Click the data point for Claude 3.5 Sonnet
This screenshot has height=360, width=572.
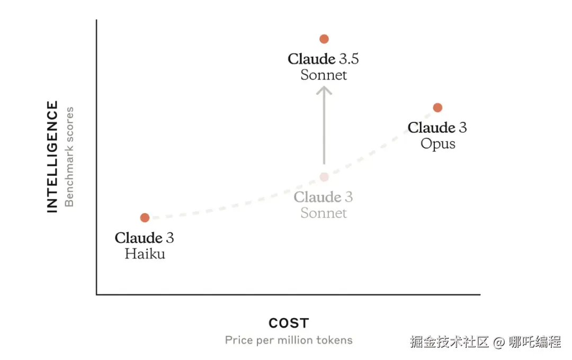click(324, 39)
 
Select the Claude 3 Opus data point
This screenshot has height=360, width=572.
click(437, 107)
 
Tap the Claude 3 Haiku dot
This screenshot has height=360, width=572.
click(145, 218)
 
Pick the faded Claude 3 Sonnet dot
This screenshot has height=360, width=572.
click(324, 177)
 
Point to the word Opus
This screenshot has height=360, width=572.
click(438, 143)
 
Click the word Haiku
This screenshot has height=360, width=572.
click(145, 254)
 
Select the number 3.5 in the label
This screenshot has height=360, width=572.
click(349, 59)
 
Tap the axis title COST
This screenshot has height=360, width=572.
click(289, 323)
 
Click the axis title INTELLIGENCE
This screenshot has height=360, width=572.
click(52, 157)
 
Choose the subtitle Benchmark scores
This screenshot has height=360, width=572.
click(69, 157)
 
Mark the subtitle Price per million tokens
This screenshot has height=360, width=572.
click(289, 340)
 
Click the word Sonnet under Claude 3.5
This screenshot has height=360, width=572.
click(324, 75)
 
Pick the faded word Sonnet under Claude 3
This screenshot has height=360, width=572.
click(324, 213)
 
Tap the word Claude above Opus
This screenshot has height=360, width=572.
click(432, 128)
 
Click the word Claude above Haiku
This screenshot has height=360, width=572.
click(138, 238)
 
